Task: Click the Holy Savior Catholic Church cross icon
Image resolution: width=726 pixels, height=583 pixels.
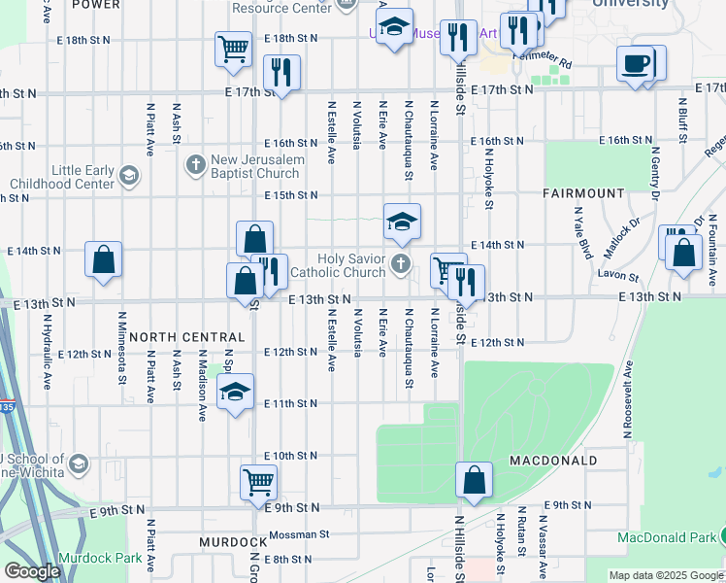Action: pyautogui.click(x=400, y=263)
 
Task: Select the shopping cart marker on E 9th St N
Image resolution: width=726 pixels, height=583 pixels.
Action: pyautogui.click(x=259, y=481)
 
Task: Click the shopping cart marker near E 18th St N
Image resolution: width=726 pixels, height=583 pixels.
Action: pyautogui.click(x=233, y=49)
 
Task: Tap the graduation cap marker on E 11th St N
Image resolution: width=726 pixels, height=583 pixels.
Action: pyautogui.click(x=234, y=393)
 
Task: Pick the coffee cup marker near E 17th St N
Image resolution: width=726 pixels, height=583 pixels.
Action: pyautogui.click(x=636, y=65)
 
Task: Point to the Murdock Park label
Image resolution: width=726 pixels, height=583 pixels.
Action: pyautogui.click(x=100, y=558)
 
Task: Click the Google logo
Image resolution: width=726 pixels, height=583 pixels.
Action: pyautogui.click(x=32, y=571)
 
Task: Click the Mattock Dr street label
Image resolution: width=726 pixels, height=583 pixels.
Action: pyautogui.click(x=622, y=238)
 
